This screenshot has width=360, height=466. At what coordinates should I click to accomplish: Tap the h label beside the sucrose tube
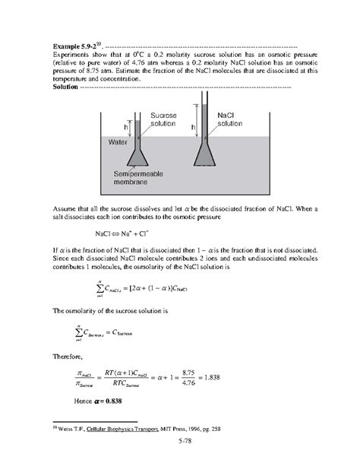pos(127,128)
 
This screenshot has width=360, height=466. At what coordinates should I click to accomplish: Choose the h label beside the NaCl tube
pos(193,127)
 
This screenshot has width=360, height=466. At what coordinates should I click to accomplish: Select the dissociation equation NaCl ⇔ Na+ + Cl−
pos(127,235)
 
